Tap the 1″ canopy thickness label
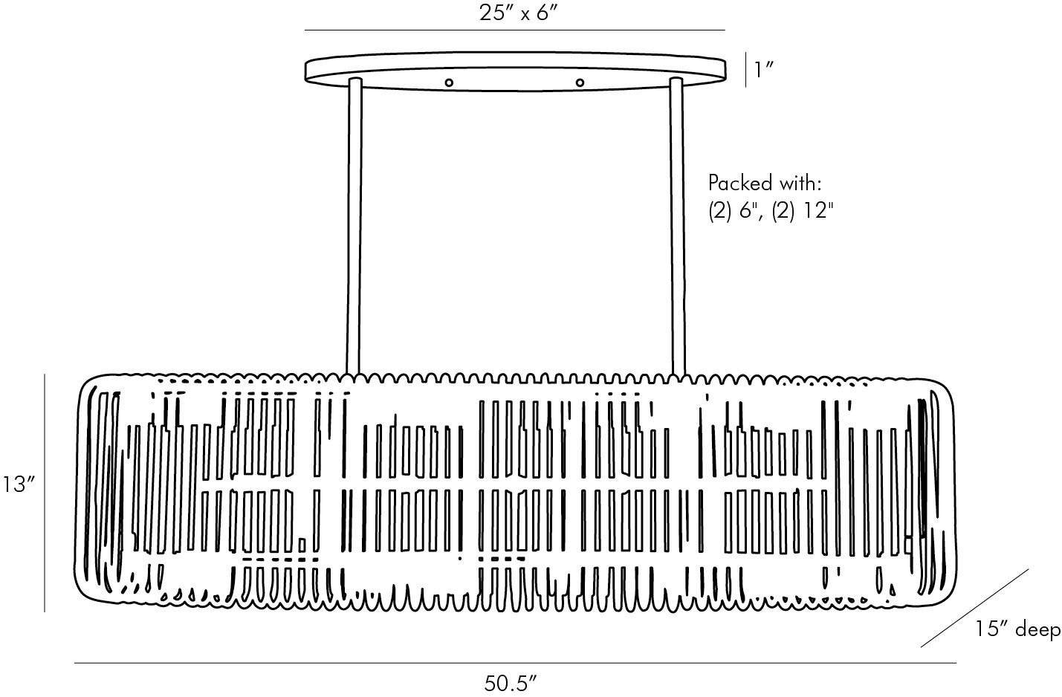click(x=763, y=70)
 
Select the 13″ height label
click(x=19, y=484)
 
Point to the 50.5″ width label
click(x=510, y=683)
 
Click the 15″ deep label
click(x=1017, y=629)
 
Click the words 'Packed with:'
click(x=764, y=183)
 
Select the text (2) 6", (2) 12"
click(x=771, y=210)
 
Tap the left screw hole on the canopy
click(x=448, y=83)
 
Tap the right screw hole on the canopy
click(x=580, y=83)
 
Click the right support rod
click(x=677, y=227)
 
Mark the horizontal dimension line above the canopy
click(x=515, y=30)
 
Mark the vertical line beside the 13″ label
click(x=45, y=493)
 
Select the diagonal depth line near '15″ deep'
click(x=975, y=608)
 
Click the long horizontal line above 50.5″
click(x=515, y=663)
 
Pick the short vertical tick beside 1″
click(x=745, y=70)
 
